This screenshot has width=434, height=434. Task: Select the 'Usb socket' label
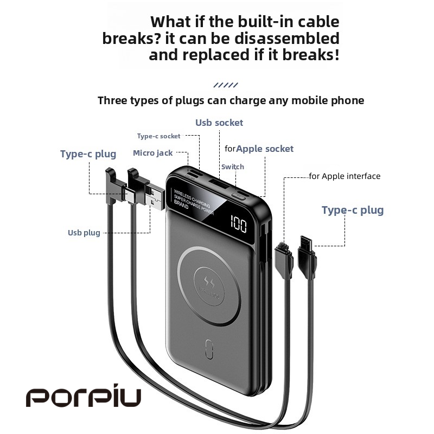click(x=219, y=123)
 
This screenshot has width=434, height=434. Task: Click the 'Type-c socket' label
click(x=158, y=136)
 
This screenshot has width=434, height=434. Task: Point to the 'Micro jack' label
click(x=152, y=153)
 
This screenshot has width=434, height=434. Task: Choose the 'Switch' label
click(x=232, y=167)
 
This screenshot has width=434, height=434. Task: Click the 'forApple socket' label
click(x=259, y=149)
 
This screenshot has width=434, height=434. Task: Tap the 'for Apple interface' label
click(x=344, y=176)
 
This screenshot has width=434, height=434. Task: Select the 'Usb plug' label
click(x=84, y=233)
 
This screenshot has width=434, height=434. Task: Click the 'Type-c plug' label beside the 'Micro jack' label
click(x=88, y=154)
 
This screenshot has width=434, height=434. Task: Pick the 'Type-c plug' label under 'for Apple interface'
click(x=352, y=210)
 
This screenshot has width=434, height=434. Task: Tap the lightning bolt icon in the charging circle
click(x=209, y=283)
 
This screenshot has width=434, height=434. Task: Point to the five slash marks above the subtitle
click(x=226, y=85)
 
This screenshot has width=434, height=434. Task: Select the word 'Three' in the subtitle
click(x=114, y=100)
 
